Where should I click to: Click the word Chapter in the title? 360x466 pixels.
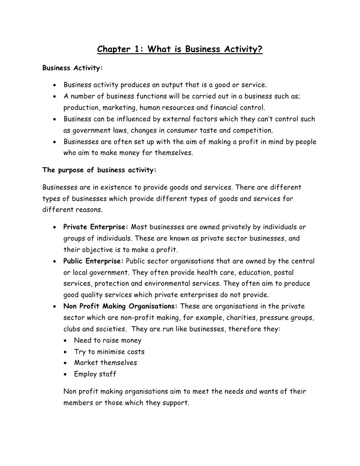114,49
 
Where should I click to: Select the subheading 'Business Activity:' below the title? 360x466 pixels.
72,68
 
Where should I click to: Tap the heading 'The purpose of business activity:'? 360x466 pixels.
99,170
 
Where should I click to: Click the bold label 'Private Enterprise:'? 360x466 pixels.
96,227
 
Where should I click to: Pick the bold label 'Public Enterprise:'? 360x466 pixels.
93,261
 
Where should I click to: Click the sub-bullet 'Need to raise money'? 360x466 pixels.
108,340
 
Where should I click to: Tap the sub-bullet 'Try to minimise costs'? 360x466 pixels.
109,352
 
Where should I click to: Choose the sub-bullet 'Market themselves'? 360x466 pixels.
106,363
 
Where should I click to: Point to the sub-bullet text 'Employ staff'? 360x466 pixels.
95,374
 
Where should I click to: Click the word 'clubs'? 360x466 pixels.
72,329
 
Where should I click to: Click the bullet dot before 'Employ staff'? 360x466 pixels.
67,374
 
